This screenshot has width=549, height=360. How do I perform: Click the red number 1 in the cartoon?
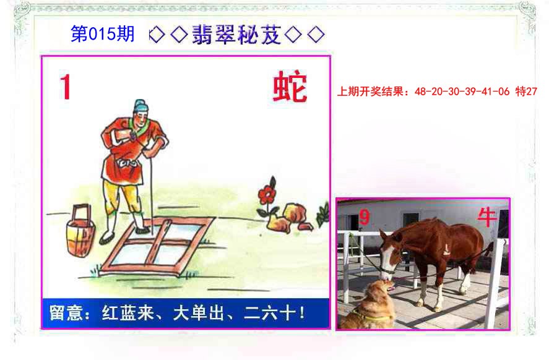[66, 87]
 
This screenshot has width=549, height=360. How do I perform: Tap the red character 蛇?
[290, 88]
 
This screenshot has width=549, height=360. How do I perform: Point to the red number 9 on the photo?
[364, 218]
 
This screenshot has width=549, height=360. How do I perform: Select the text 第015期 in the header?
[102, 35]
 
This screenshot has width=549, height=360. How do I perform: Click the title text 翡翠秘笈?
[236, 35]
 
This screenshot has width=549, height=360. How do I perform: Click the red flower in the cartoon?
[267, 194]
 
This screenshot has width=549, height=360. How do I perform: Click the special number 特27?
[525, 92]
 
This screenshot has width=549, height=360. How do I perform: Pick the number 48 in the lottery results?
[420, 92]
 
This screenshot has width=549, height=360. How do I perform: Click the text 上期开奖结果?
[371, 92]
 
